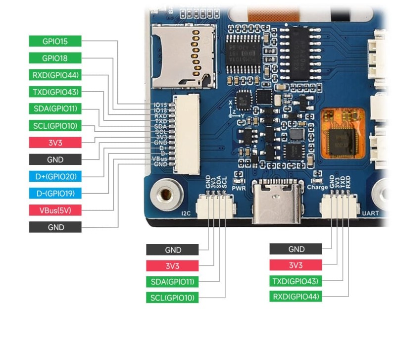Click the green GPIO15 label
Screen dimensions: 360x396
55,42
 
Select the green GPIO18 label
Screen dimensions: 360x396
55,58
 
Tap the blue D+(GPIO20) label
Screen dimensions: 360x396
55,176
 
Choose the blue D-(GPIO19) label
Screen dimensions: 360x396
55,193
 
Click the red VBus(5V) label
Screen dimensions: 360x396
55,210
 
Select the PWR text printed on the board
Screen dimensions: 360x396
239,188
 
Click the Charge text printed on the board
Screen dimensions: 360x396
317,187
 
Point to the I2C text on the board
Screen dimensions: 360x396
187,214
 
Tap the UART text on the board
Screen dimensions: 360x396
371,214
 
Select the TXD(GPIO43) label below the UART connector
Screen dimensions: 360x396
296,281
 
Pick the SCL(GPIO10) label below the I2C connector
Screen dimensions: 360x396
172,298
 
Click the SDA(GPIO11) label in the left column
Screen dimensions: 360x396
55,109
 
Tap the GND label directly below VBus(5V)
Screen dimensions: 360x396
55,227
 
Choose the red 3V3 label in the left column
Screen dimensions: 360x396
55,143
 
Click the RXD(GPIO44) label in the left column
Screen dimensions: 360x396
55,75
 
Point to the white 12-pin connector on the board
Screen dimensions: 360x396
186,134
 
